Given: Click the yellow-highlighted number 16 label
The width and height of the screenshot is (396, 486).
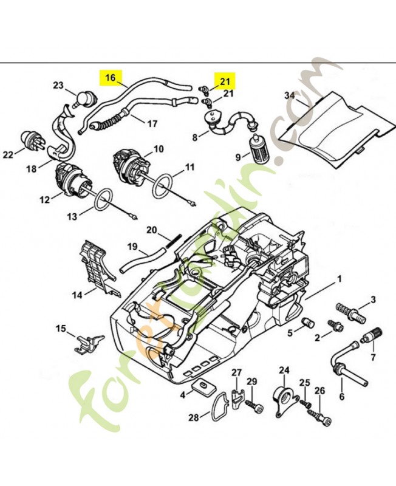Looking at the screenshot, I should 110,77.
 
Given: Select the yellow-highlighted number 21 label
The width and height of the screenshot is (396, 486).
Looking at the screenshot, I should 225,80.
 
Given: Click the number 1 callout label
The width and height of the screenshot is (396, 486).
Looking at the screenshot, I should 339,278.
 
